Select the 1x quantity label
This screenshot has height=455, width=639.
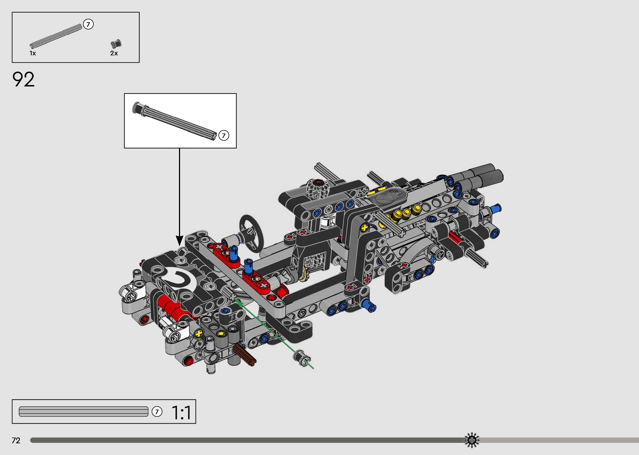pos(33,53)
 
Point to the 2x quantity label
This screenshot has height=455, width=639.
pos(114,53)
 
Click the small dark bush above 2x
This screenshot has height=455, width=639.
pos(116,44)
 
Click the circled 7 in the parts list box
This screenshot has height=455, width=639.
pos(88,24)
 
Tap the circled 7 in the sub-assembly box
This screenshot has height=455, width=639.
pos(224,136)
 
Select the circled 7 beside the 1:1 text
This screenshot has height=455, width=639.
pos(157,412)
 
